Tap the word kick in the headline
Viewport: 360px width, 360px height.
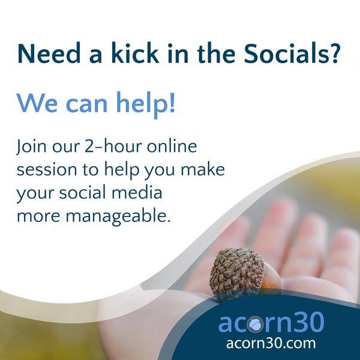pos(135,53)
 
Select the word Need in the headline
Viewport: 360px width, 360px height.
pos(49,53)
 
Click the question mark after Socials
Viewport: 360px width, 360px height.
pos(332,53)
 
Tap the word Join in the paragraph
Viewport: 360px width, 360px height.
pos(31,146)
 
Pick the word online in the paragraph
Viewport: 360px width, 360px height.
pos(172,146)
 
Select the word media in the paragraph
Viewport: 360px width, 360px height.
pos(137,192)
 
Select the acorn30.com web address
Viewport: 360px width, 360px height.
pos(271,344)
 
